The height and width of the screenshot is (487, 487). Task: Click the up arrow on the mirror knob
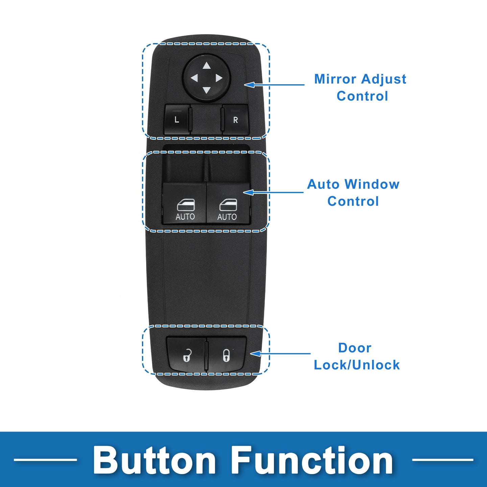(x=207, y=66)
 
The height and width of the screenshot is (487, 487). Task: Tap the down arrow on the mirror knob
(x=207, y=90)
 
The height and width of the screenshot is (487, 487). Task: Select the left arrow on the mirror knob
(x=194, y=78)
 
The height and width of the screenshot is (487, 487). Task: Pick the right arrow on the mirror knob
(x=219, y=78)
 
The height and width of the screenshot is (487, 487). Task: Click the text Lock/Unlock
(x=357, y=365)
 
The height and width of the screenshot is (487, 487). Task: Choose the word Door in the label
(x=355, y=348)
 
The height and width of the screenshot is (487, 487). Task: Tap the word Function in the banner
(x=312, y=460)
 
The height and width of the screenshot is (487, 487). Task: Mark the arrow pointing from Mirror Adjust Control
(x=274, y=85)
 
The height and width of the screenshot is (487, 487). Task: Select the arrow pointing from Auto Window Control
(x=273, y=192)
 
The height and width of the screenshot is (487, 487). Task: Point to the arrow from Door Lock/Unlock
(x=280, y=354)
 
